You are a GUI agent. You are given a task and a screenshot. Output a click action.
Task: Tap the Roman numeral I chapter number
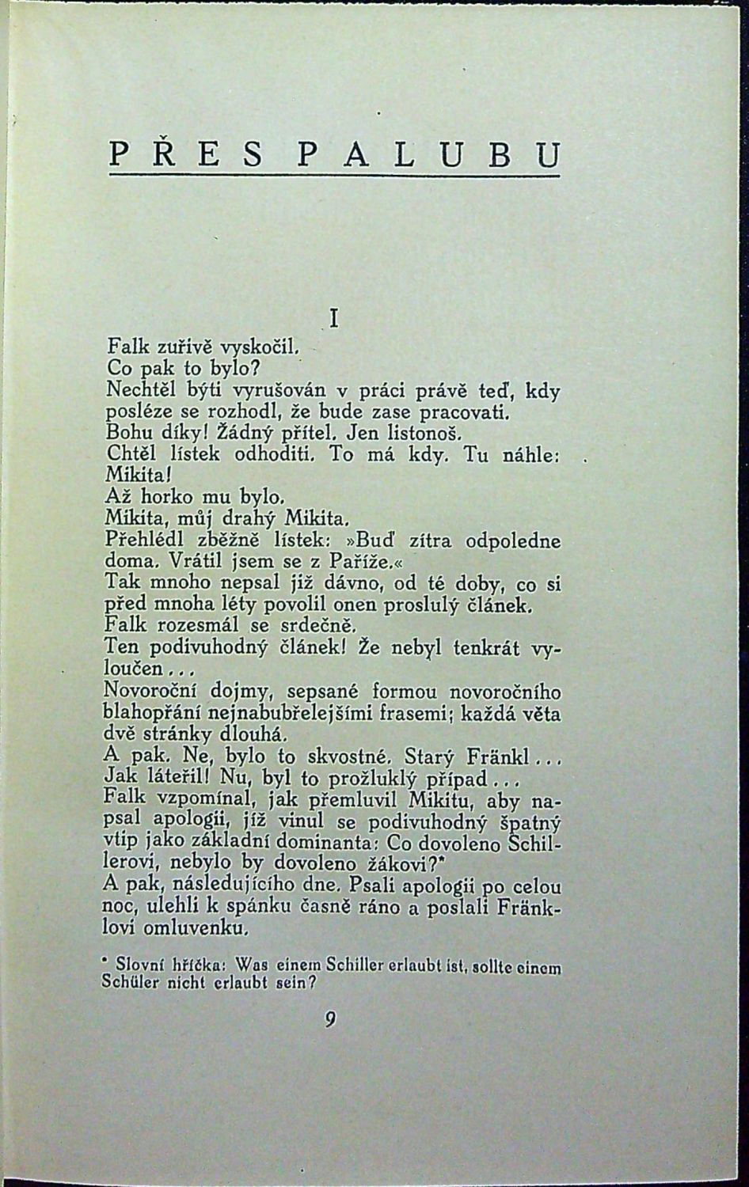coord(333,319)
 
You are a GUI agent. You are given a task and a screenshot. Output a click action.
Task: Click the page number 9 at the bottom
coord(329,1019)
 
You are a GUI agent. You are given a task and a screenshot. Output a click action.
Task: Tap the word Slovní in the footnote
coord(139,966)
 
